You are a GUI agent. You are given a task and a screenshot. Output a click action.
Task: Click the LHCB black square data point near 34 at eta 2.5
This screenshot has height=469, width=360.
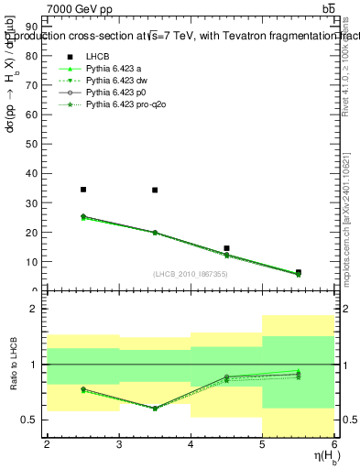coord(83,190)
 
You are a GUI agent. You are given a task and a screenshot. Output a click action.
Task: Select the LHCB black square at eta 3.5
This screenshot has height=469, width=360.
coord(155,191)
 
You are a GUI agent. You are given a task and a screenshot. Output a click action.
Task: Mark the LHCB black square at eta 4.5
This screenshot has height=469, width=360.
coord(226,248)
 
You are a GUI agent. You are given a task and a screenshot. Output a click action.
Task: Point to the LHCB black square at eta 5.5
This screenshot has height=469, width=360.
coord(299,272)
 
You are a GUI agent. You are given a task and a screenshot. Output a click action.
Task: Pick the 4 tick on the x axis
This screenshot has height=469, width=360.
coord(191,445)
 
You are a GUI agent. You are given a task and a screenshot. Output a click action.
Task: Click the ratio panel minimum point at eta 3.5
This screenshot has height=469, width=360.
coord(155,408)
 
